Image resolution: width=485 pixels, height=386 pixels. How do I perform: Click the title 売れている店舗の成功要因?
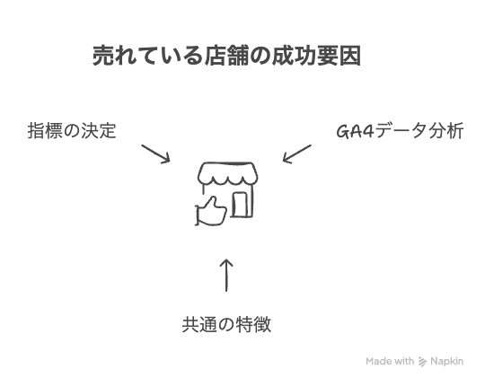point(226,56)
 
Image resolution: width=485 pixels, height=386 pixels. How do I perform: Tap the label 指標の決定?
point(72,131)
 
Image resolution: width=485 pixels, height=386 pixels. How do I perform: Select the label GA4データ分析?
point(400,131)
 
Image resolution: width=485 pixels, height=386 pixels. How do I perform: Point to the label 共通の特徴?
point(226,324)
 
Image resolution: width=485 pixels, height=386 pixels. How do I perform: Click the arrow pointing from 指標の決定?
point(156,154)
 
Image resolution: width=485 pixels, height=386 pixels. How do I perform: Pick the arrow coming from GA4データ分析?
point(297,154)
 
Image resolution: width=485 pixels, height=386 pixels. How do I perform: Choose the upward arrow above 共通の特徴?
point(226,275)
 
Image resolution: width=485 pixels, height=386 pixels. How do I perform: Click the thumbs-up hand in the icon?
point(211,211)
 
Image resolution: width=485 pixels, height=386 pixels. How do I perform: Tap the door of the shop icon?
point(241,205)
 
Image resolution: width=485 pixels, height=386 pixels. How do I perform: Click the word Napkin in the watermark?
point(446,361)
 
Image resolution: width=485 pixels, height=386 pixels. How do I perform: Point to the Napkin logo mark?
point(422,361)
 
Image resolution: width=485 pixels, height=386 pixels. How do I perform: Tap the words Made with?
point(390,361)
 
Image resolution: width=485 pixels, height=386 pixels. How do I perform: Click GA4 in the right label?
point(355,131)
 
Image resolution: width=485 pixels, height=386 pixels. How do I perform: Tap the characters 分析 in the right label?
point(446,131)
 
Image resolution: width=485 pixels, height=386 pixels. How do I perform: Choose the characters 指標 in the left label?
point(45,131)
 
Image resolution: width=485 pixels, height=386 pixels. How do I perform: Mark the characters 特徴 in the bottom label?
point(253,324)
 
